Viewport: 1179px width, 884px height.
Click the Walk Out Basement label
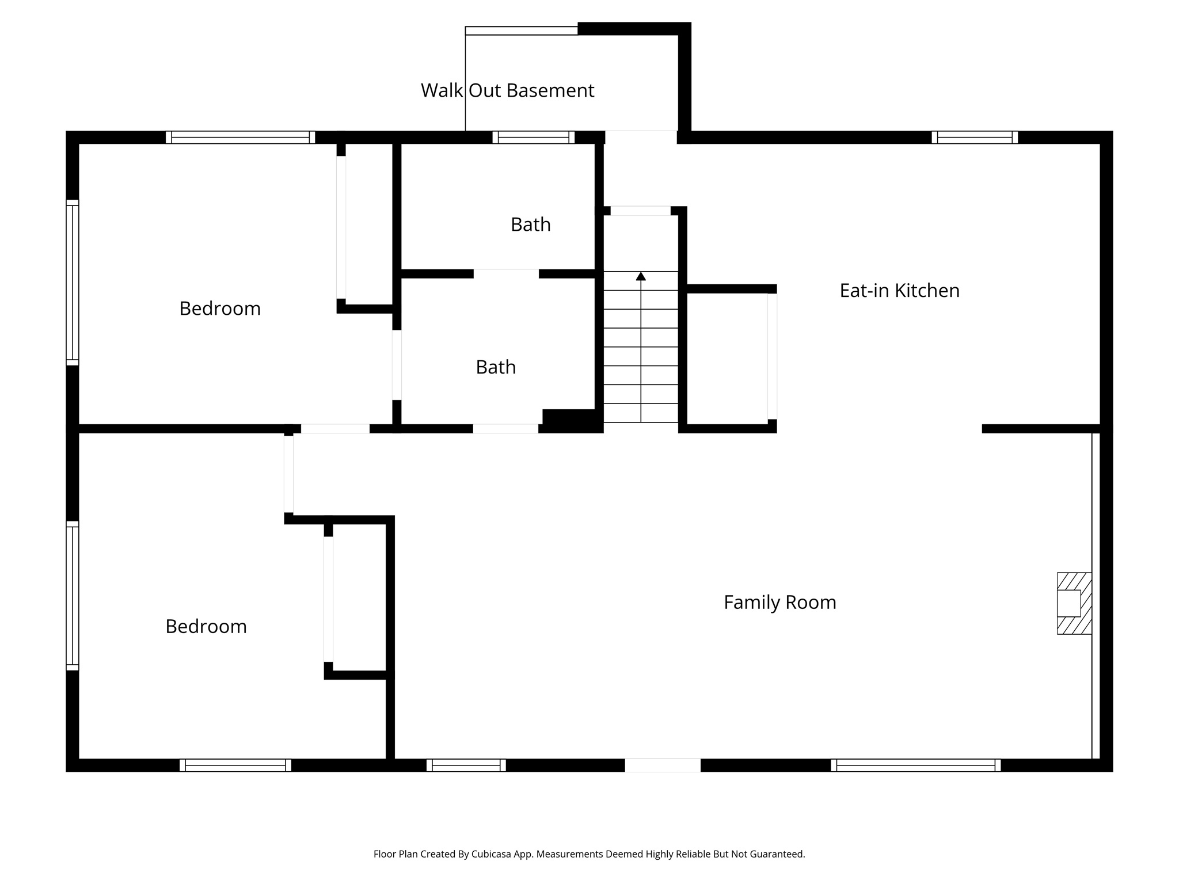507,90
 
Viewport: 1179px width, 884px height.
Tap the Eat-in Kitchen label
899,291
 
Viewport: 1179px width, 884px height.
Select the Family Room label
779,603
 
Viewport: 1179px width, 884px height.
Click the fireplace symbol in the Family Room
1074,603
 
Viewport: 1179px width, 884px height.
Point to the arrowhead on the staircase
641,276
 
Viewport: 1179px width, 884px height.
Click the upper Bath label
530,224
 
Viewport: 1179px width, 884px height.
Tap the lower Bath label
496,367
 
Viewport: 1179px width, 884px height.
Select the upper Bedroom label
220,308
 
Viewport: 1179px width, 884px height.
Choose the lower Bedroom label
206,626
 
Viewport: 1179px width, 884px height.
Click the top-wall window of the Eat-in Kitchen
975,138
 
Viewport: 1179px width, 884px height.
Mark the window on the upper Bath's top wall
534,138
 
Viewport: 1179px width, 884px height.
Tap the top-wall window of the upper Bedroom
240,138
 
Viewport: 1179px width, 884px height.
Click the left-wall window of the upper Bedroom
72,283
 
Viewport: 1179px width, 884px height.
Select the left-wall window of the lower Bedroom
72,596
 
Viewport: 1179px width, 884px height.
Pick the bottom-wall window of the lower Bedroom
235,765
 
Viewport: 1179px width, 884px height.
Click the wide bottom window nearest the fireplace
915,765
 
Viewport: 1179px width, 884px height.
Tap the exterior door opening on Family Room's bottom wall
663,765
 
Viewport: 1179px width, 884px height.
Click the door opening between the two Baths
506,273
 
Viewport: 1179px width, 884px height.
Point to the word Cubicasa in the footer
493,854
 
